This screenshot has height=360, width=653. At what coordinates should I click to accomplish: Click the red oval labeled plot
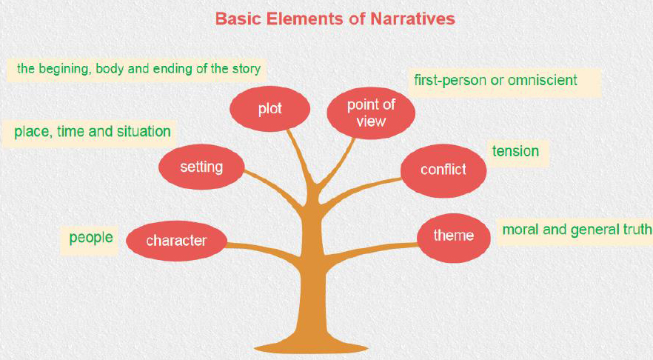[269, 109]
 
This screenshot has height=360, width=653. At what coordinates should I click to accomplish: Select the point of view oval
[371, 113]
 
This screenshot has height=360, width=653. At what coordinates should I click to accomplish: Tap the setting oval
[201, 167]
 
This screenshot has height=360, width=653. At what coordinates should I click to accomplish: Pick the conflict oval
[443, 171]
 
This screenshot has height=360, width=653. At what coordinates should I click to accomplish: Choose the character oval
[176, 241]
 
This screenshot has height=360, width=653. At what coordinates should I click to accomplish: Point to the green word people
[91, 238]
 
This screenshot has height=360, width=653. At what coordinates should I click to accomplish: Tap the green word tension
[515, 151]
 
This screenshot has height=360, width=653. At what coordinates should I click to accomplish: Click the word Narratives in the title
[412, 19]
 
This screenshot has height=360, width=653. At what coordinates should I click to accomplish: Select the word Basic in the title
[238, 19]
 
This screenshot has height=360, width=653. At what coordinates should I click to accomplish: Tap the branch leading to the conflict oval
[361, 190]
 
